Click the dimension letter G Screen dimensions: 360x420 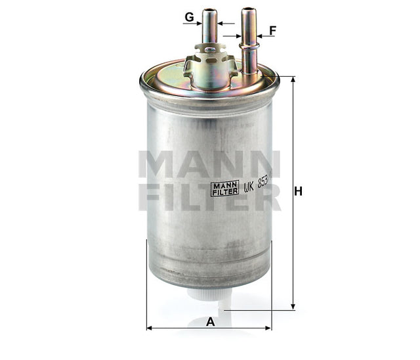189,18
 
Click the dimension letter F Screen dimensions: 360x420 272,30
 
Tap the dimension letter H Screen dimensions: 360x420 297,192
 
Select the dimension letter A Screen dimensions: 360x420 210,321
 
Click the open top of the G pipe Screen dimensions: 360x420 209,10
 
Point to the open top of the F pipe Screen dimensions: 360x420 248,10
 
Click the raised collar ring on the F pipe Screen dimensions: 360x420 248,45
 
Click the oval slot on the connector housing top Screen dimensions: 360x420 209,49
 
